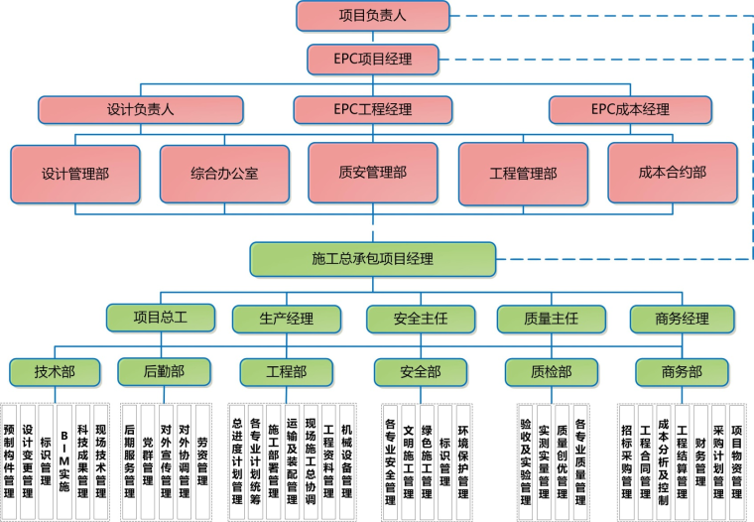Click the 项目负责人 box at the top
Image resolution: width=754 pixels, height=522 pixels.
(372, 16)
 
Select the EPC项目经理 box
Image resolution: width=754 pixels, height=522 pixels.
(372, 59)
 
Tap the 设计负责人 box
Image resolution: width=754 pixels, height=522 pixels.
(140, 109)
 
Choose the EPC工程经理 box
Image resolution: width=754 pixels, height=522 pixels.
(372, 109)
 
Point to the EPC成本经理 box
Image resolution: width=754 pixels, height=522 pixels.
(630, 109)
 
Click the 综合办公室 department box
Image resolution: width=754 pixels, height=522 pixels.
(224, 172)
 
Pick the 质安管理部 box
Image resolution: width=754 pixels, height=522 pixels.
(372, 172)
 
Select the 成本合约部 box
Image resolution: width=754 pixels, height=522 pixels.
(672, 172)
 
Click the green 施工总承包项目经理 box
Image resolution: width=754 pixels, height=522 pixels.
(372, 259)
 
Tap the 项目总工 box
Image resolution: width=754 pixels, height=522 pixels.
(160, 318)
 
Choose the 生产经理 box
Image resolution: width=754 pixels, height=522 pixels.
(286, 319)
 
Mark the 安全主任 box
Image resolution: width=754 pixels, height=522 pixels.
(421, 319)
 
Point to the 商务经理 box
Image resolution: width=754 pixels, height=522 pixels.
(683, 319)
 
